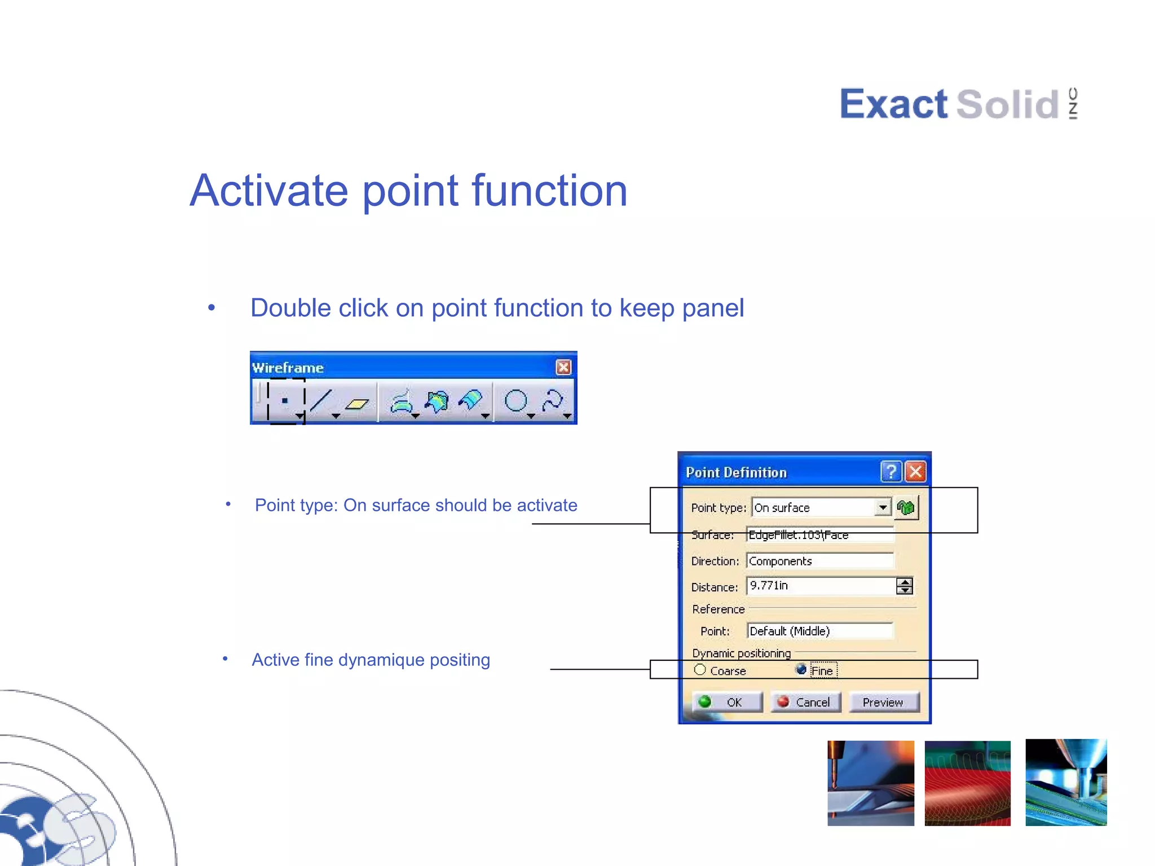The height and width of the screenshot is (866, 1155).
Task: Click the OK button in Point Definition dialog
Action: coord(726,702)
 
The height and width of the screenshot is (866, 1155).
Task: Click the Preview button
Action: coord(883,702)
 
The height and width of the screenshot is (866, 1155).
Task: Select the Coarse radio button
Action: coord(700,670)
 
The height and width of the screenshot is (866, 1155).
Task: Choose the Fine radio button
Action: coord(801,670)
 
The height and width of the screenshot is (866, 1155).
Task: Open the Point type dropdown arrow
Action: coord(883,507)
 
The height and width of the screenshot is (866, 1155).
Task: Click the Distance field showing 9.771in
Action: coord(821,586)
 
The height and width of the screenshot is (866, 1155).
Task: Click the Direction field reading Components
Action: coord(819,561)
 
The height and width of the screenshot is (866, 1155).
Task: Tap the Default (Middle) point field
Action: coord(819,631)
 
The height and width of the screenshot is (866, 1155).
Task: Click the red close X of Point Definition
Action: coord(915,472)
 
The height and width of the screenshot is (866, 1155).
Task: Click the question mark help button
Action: coord(891,472)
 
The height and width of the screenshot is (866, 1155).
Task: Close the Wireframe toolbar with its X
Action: coord(563,368)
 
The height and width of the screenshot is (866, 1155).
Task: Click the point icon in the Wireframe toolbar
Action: coord(285,401)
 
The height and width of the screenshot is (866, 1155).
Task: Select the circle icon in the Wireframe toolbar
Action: coord(515,401)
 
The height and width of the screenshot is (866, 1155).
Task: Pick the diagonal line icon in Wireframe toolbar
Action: coord(321,401)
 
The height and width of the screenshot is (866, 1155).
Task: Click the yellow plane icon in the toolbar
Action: coord(356,403)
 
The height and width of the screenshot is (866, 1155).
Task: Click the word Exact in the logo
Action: coord(893,104)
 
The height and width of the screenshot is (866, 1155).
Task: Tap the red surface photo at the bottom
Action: coord(967,783)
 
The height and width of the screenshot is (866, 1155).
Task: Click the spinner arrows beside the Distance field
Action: coord(905,586)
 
